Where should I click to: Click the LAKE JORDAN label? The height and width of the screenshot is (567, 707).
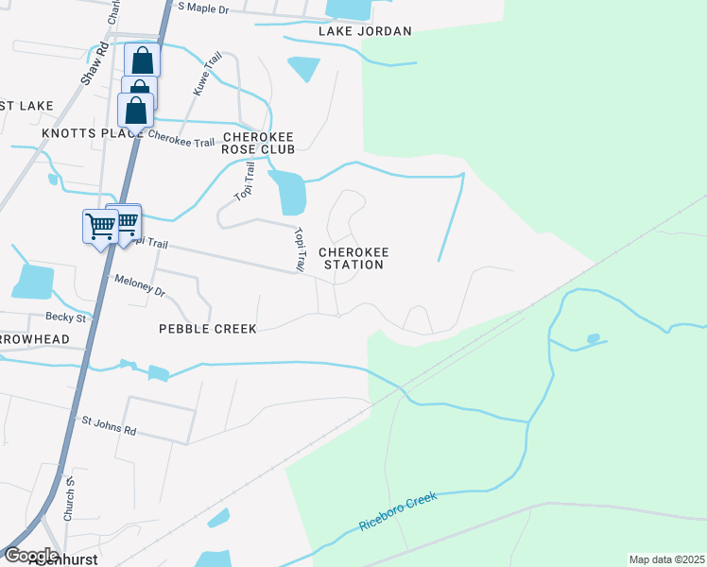tap(365, 31)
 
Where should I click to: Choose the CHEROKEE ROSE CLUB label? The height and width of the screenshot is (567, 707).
tap(258, 143)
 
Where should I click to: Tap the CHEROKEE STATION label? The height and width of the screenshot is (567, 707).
tap(353, 258)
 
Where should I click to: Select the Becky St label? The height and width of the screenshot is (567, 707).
tap(66, 318)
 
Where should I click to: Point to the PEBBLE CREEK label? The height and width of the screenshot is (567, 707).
tap(208, 329)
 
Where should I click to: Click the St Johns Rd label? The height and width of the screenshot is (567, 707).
tap(109, 425)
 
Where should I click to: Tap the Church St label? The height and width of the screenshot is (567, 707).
tap(69, 498)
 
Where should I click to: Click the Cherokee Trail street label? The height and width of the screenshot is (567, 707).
tap(181, 139)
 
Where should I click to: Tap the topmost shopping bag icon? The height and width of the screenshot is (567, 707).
tap(143, 60)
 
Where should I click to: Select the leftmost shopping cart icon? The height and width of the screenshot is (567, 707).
tap(100, 226)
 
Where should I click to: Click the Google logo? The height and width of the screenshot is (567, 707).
tap(32, 555)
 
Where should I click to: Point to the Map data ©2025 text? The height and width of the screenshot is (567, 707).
tap(665, 559)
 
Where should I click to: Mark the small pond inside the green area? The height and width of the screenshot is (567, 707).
tap(593, 338)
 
